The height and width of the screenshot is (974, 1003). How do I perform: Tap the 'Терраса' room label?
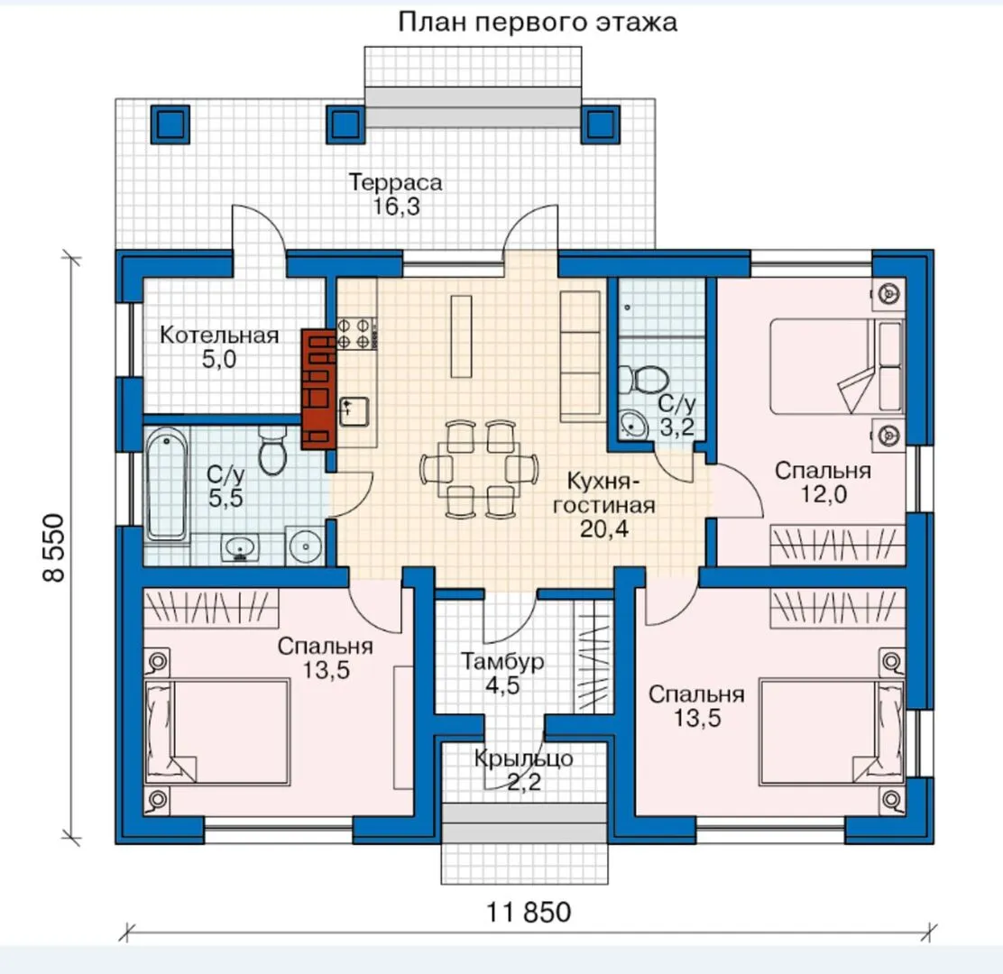pyautogui.click(x=395, y=182)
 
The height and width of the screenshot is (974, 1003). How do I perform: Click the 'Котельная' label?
pyautogui.click(x=219, y=335)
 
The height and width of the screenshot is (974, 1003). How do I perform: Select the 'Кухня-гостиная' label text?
pyautogui.click(x=603, y=493)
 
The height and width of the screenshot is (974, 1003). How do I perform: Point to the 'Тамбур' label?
pyautogui.click(x=502, y=661)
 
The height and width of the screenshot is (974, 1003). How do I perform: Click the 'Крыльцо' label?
pyautogui.click(x=523, y=759)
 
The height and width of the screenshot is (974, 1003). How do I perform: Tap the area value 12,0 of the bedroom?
pyautogui.click(x=824, y=494)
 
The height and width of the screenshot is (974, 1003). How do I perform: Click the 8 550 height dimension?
pyautogui.click(x=54, y=547)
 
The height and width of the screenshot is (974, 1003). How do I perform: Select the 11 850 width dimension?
pyautogui.click(x=529, y=913)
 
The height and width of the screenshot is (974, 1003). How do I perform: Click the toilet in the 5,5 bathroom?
pyautogui.click(x=273, y=450)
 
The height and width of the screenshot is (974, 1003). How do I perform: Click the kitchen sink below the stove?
pyautogui.click(x=354, y=410)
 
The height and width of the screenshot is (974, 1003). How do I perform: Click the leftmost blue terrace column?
pyautogui.click(x=170, y=124)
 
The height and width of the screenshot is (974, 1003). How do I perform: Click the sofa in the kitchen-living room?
pyautogui.click(x=581, y=356)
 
